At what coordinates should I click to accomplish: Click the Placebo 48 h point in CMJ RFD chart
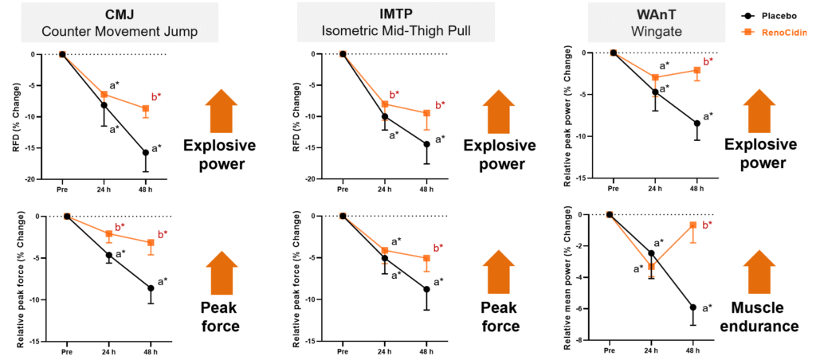pos(146,152)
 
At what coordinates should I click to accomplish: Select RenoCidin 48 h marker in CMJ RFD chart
pos(146,108)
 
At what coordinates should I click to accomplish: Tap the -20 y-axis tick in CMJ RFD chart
pos(29,179)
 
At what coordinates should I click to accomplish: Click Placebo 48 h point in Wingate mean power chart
pos(693,307)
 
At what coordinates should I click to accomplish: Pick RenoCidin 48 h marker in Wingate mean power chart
pos(693,225)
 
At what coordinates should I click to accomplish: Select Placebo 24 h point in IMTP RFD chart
pos(385,116)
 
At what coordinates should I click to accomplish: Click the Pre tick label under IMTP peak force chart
pos(343,351)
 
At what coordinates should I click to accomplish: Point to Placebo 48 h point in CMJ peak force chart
pos(151,288)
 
